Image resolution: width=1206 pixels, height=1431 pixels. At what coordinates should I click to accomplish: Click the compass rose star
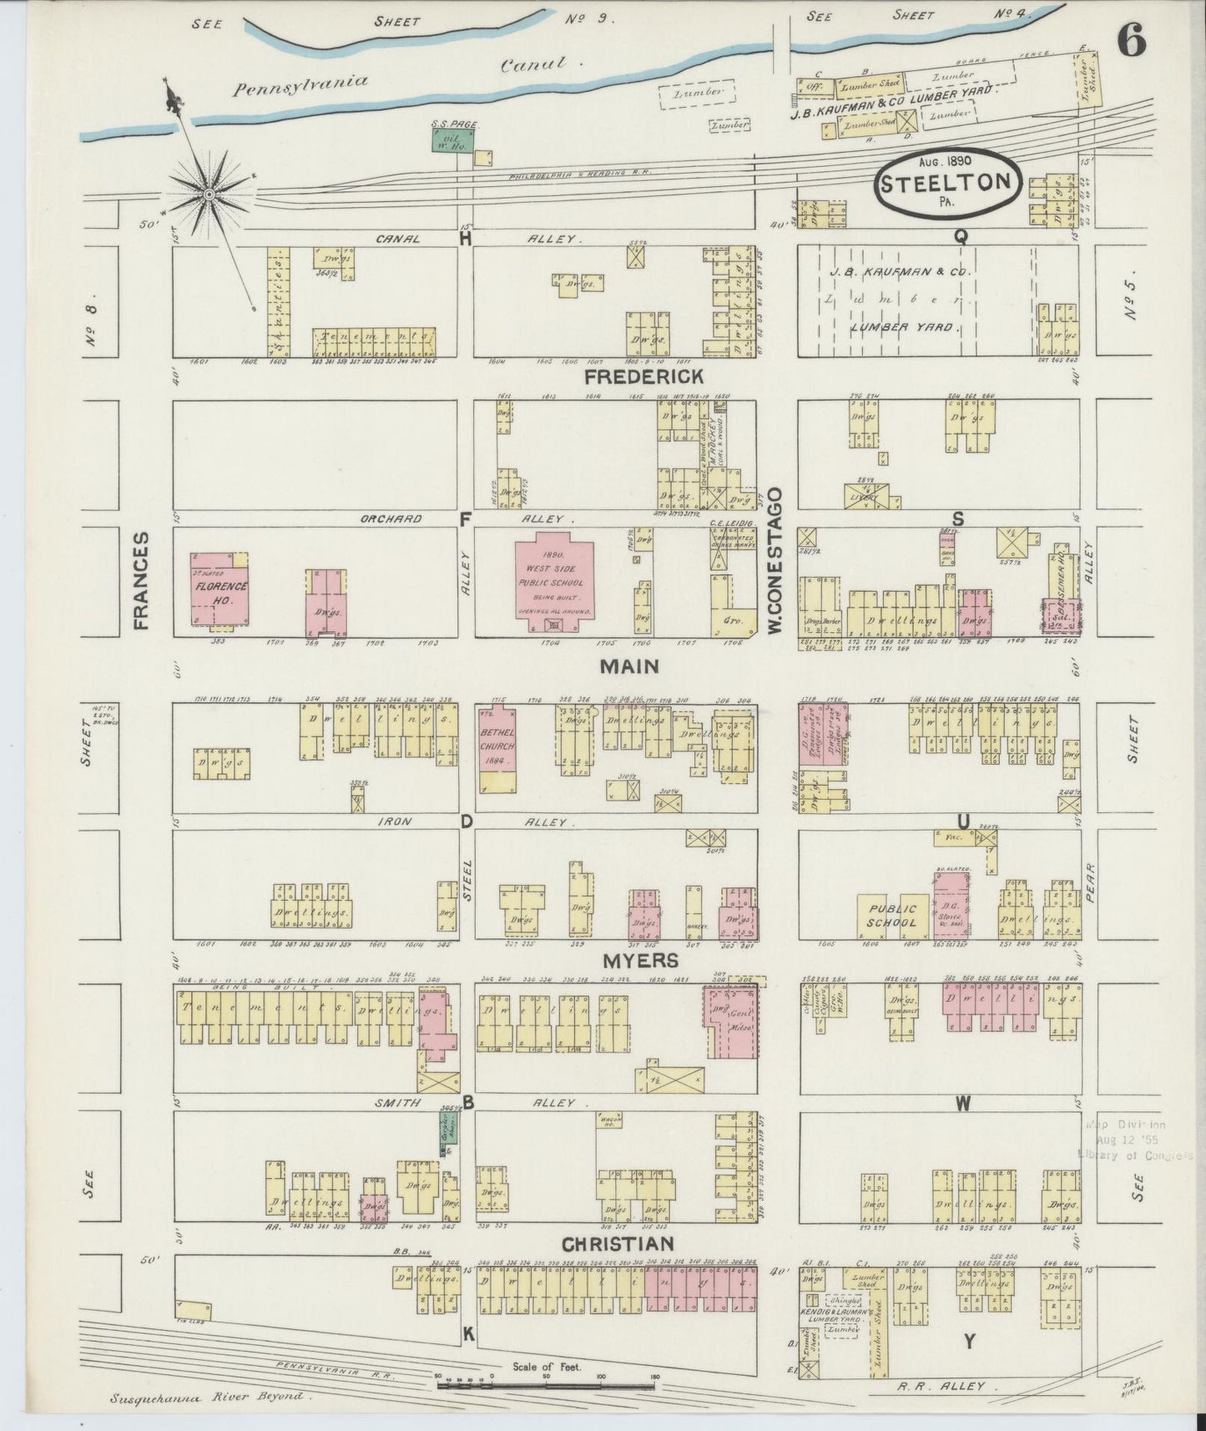(x=209, y=195)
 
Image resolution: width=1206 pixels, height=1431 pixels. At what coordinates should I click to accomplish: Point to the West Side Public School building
(x=554, y=579)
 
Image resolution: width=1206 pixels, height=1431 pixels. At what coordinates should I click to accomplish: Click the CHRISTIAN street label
(x=617, y=1244)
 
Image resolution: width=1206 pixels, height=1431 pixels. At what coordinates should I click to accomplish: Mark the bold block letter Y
(x=969, y=1342)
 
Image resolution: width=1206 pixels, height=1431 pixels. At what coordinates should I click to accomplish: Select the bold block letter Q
(x=961, y=237)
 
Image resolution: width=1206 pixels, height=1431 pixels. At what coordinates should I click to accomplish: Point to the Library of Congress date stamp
(x=1139, y=1140)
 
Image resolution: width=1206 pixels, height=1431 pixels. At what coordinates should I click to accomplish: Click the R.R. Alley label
(x=954, y=1387)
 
